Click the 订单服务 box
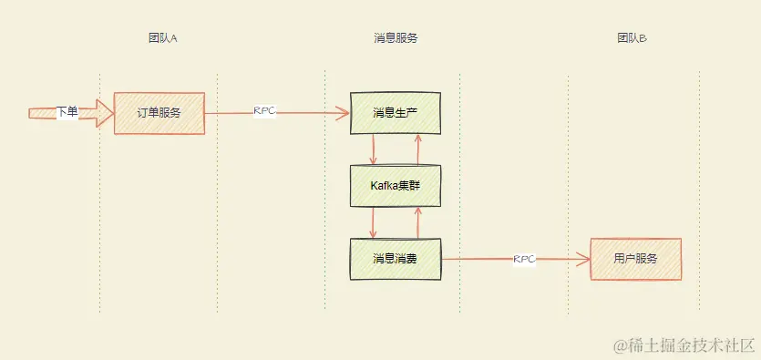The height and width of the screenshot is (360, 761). tap(159, 113)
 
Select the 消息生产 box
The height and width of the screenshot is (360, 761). tap(396, 113)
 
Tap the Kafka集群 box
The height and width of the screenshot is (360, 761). tap(396, 186)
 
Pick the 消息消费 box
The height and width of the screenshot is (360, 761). tap(396, 259)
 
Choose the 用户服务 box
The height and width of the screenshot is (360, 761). tap(635, 259)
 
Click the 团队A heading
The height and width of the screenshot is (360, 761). tap(162, 38)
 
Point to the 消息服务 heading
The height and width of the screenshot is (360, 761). tap(396, 38)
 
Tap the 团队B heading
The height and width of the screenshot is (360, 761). tap(632, 38)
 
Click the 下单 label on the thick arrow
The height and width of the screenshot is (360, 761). tap(67, 111)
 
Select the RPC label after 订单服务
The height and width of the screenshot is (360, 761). tap(264, 110)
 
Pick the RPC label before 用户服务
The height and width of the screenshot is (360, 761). tap(524, 259)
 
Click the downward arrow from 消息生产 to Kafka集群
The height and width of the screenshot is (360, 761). tap(374, 149)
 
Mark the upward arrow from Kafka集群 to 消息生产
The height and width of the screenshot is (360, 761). tap(417, 149)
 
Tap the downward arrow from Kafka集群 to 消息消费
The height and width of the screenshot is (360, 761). tap(374, 222)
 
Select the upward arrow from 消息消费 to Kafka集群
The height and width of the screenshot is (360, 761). tap(417, 222)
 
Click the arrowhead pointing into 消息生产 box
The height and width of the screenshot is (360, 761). tap(344, 114)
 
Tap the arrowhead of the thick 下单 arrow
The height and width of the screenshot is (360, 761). tap(101, 113)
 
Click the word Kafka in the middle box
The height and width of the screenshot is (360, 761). tap(385, 186)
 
